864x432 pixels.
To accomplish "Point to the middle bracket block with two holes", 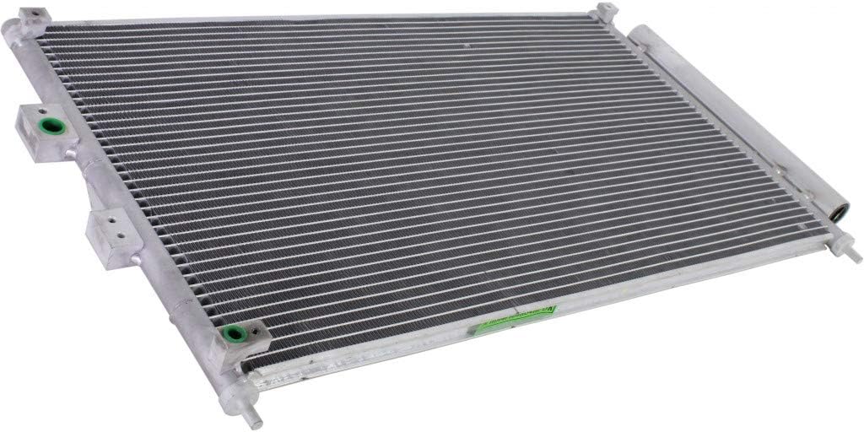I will pos(111,236).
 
